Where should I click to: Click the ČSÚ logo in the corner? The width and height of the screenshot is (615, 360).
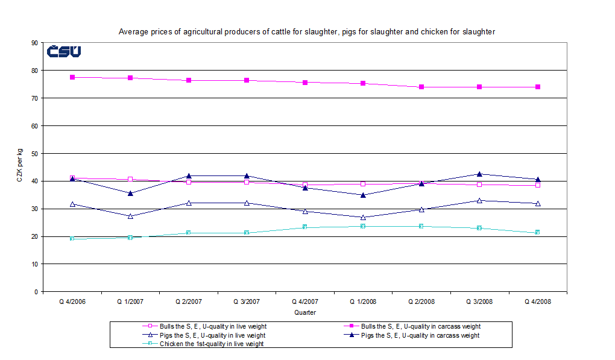(64, 52)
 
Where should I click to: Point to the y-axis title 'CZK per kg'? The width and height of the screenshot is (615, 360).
(19, 167)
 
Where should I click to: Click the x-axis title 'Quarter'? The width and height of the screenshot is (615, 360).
(304, 312)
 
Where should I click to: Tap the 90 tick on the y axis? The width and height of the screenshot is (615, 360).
(35, 43)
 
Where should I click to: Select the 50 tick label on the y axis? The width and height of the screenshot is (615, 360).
(35, 154)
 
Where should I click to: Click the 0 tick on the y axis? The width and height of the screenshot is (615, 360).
(37, 292)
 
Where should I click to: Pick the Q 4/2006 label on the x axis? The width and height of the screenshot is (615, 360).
(72, 302)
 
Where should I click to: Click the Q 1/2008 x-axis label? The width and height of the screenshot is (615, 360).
(362, 302)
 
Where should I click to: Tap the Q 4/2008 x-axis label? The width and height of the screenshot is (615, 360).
(537, 302)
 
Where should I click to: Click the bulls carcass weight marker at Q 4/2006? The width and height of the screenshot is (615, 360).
(72, 77)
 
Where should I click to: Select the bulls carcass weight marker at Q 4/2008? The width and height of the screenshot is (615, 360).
(537, 87)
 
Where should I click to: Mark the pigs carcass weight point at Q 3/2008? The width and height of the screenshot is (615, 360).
(479, 174)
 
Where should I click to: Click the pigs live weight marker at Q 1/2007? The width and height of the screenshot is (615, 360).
(130, 216)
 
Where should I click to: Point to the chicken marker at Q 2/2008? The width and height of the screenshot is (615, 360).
(421, 226)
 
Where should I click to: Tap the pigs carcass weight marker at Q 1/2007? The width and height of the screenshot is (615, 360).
(130, 193)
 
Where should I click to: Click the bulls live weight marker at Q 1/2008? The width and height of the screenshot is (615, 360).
(363, 184)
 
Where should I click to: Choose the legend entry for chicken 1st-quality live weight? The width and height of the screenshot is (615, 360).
(211, 344)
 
